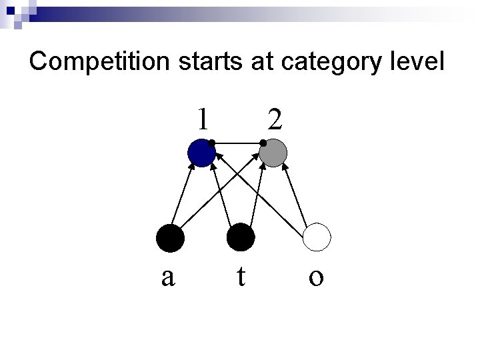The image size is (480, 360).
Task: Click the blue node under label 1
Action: (x=201, y=153)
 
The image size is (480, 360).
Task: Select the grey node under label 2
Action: (x=273, y=153)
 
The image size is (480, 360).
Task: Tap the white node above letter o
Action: (x=317, y=237)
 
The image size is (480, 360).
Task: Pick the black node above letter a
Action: (x=169, y=237)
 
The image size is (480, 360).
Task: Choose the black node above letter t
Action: (x=241, y=237)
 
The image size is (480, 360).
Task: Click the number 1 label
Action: (x=203, y=118)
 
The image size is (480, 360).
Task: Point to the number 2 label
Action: (x=274, y=119)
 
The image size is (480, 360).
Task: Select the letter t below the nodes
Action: (x=241, y=275)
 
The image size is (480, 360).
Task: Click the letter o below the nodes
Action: (x=317, y=277)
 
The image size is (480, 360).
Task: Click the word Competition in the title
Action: (x=100, y=62)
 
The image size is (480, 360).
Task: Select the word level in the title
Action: (x=417, y=62)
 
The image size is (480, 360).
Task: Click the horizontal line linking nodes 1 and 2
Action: (x=237, y=143)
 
